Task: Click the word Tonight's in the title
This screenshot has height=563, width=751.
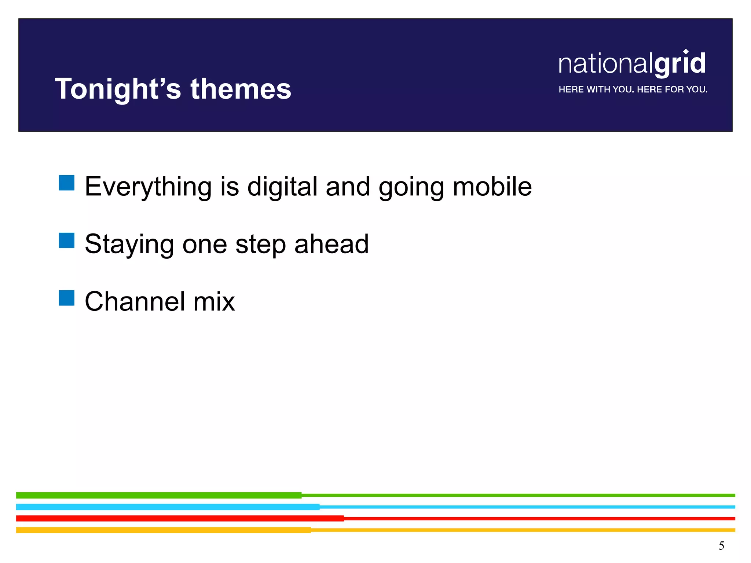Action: click(x=118, y=89)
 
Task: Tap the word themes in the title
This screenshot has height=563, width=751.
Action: click(x=241, y=89)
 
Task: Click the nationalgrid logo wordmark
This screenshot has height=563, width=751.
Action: click(x=632, y=63)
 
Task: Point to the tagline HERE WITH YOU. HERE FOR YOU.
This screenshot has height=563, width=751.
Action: click(x=633, y=89)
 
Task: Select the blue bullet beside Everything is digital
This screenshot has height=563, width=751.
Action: click(x=67, y=183)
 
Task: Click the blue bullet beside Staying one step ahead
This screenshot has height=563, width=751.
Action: click(x=67, y=240)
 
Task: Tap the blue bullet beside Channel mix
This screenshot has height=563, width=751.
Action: click(x=67, y=298)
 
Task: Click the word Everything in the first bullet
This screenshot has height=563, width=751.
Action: click(x=148, y=187)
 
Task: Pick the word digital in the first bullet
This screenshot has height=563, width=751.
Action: click(x=282, y=187)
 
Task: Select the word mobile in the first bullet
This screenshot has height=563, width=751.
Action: click(x=492, y=186)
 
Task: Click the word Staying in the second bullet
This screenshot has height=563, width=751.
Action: click(x=129, y=244)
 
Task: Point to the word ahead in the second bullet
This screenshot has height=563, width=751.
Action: click(x=331, y=244)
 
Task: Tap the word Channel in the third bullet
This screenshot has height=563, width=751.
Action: click(x=135, y=301)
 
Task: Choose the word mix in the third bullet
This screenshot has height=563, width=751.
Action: click(x=214, y=301)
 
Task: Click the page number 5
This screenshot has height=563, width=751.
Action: click(x=721, y=546)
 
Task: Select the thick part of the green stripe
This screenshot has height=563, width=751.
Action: click(x=159, y=495)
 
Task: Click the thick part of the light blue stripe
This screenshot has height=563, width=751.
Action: click(x=168, y=507)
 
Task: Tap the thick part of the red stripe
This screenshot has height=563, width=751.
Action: click(x=180, y=518)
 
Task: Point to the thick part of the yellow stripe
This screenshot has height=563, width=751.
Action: click(x=164, y=530)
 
